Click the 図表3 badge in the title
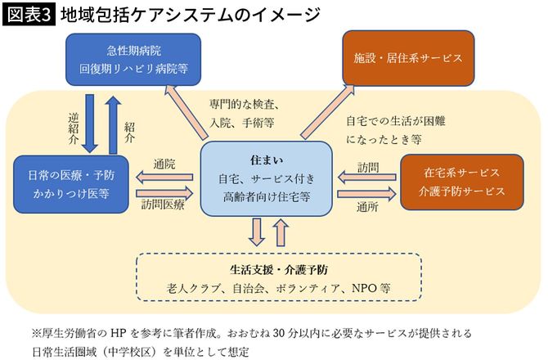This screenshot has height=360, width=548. click(x=27, y=14)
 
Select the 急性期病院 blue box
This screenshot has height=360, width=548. click(x=133, y=60)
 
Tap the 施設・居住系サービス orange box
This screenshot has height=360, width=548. click(x=407, y=59)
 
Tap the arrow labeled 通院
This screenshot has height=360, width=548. click(x=163, y=174)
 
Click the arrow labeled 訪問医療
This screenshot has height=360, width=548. click(x=164, y=192)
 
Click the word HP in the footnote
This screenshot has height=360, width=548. click(x=116, y=334)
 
